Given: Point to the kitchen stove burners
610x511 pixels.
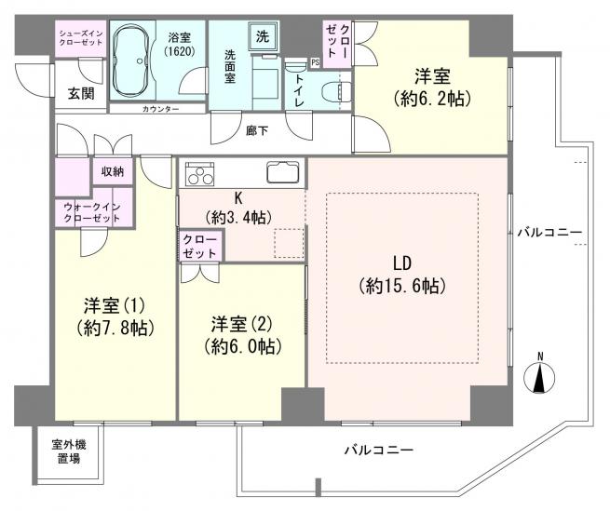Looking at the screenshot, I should coord(199,173).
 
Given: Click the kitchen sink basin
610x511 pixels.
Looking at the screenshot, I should coord(282,172).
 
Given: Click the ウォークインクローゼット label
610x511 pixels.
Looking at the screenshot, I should coord(92,211).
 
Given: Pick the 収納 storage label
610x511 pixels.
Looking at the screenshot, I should coord(115,171).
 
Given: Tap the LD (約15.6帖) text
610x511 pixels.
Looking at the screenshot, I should coord(401,274).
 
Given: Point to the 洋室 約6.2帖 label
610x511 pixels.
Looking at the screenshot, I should coord(430,87).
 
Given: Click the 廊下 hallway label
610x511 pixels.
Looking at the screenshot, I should coord(258,130).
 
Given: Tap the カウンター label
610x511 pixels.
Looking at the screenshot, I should coord(161,109).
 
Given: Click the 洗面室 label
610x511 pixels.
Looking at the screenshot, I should coord(228,67).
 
